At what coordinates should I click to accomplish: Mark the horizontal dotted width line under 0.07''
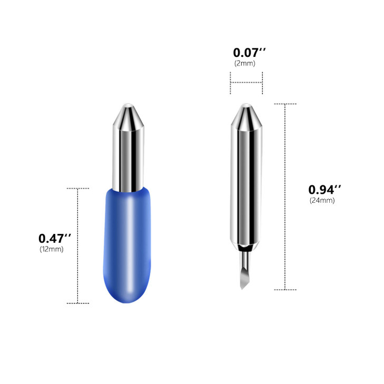pos(246,82)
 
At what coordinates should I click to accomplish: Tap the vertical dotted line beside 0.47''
pos(78,245)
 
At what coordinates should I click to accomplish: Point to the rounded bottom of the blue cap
pos(129,298)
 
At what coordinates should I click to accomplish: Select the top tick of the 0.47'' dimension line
pos(78,188)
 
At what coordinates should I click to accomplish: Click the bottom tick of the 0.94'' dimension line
pos(285,289)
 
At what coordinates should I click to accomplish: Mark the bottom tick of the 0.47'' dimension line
pos(78,303)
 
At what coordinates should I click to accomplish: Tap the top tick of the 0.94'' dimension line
pos(285,104)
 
